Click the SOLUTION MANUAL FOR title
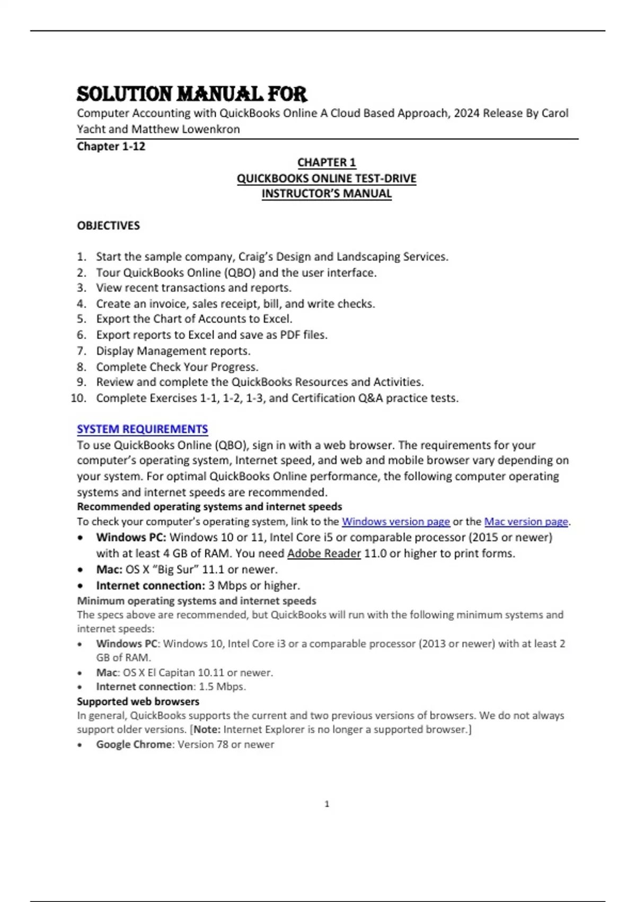191,94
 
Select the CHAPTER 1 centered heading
326,162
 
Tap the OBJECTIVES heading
109,226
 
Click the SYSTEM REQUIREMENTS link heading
142,429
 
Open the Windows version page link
395,522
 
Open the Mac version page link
526,522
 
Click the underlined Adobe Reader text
324,553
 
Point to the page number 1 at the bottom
326,804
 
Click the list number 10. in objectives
78,398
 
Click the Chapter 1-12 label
111,146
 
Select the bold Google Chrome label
134,744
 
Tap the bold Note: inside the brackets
207,730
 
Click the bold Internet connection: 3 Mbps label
150,586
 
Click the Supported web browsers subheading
138,701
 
